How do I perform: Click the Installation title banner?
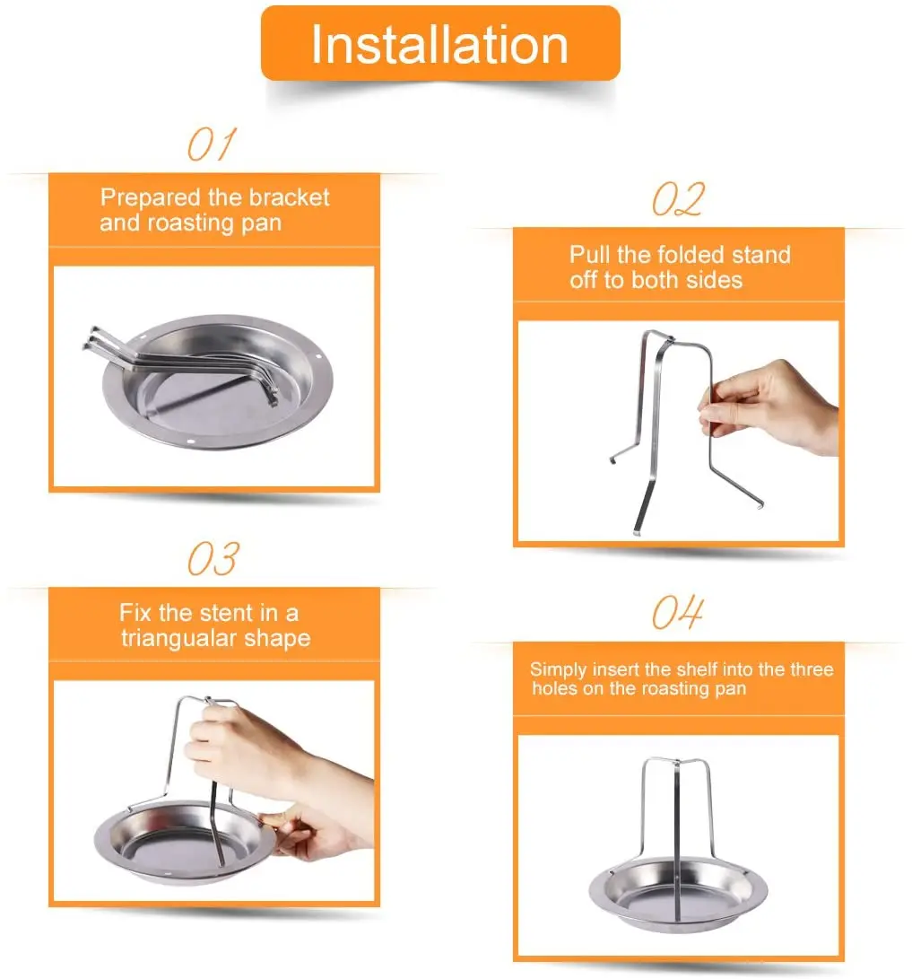(439, 44)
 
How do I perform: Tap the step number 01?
(212, 144)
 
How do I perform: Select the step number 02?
(678, 199)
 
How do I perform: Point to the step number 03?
(213, 559)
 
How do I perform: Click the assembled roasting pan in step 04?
(679, 893)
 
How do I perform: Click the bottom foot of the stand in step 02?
(637, 529)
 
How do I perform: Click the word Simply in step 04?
(557, 669)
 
